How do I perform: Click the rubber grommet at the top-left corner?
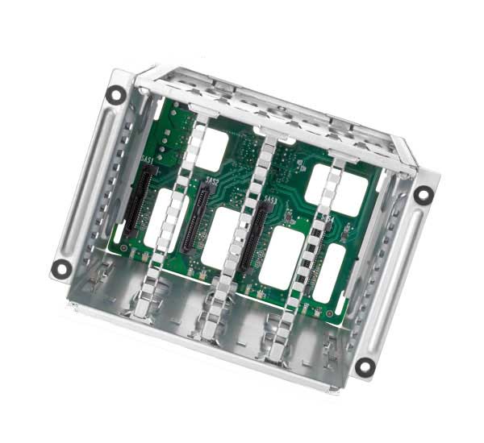(115, 94)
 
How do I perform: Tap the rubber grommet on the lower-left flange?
(61, 269)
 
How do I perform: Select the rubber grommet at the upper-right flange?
(423, 194)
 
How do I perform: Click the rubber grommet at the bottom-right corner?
(365, 366)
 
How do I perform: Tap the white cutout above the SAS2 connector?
(211, 148)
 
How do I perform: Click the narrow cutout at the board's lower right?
(329, 274)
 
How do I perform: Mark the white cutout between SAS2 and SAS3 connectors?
(221, 238)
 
